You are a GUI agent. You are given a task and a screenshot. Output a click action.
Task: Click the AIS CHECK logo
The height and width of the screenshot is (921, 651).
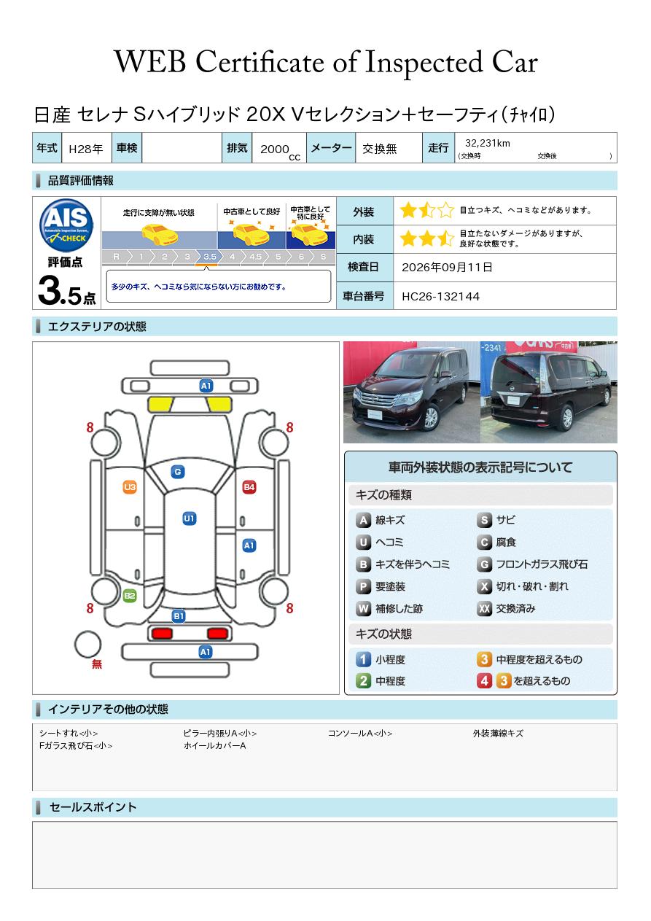(66, 225)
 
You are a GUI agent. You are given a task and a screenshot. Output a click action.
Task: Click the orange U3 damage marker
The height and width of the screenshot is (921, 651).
(130, 487)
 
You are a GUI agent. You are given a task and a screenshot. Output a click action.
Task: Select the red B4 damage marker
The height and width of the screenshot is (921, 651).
(249, 487)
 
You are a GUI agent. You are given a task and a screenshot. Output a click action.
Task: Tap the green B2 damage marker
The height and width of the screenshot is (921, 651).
(130, 596)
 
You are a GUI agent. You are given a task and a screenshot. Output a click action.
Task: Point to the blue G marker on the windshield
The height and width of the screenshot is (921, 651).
(178, 472)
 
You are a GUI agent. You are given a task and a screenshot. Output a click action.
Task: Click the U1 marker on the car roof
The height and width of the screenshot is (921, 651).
(189, 518)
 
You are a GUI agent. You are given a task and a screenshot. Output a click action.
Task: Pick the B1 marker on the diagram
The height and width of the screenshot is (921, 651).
(179, 616)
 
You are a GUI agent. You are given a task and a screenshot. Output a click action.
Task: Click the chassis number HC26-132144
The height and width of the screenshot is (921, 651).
(440, 297)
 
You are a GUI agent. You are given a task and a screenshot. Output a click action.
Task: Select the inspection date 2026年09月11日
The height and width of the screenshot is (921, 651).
(447, 267)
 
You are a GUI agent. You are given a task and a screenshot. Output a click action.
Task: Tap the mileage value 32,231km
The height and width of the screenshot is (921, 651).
(488, 143)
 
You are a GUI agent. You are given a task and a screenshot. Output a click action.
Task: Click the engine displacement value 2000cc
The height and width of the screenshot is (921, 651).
(280, 151)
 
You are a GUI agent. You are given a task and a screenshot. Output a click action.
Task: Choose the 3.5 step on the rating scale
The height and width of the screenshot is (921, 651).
(210, 257)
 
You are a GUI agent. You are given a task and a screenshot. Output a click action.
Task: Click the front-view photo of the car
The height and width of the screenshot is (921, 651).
(412, 392)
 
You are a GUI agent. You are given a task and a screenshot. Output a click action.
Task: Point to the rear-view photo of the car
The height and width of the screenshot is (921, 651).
(549, 392)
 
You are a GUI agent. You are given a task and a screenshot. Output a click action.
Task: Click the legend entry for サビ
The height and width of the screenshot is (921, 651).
(496, 520)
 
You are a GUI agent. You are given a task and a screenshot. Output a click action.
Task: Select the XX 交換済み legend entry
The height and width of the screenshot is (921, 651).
(507, 608)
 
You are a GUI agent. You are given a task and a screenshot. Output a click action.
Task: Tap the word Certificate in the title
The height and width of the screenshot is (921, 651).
(260, 62)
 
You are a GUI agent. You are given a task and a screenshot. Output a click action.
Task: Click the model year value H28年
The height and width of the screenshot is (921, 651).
(86, 149)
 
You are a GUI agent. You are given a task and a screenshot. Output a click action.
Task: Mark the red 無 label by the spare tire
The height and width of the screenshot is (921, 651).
(97, 664)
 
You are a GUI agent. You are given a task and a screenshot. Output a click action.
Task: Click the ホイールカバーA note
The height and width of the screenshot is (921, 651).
(214, 745)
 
